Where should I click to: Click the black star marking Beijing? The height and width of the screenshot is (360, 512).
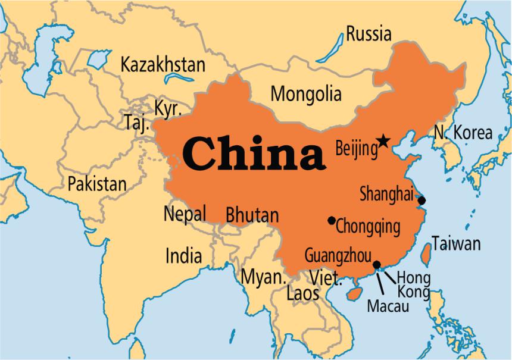(x=383, y=141)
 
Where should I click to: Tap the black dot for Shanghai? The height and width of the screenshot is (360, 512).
(x=422, y=201)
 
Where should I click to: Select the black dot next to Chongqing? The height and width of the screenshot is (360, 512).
(x=332, y=221)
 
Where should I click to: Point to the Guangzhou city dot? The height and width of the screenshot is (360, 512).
(x=376, y=265)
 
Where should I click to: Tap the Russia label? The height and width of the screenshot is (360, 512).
(x=369, y=34)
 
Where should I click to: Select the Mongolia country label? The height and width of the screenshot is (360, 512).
(x=306, y=94)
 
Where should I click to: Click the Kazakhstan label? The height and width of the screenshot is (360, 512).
(x=163, y=65)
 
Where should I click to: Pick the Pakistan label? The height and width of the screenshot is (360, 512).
(x=97, y=183)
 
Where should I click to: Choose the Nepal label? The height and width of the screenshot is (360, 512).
(x=185, y=213)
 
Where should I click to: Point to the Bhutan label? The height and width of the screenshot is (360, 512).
(x=252, y=215)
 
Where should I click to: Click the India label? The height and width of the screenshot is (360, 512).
(x=183, y=256)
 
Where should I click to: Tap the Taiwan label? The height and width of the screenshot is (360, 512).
(x=456, y=243)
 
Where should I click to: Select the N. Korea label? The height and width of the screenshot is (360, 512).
(x=463, y=133)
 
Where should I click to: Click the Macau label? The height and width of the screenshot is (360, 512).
(x=388, y=306)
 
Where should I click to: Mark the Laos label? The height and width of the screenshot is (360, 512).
(x=302, y=293)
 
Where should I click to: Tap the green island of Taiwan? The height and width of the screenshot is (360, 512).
(x=426, y=253)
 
